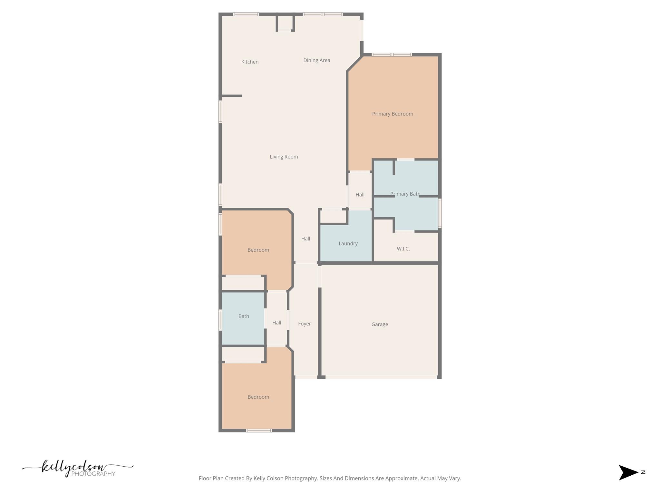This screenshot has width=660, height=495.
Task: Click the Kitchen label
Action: click(x=250, y=62)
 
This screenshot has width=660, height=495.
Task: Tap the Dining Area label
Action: click(x=316, y=60)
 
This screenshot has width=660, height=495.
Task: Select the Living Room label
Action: click(x=284, y=157)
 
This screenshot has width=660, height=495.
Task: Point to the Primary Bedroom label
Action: click(x=392, y=114)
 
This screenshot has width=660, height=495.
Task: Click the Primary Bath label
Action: click(x=405, y=194)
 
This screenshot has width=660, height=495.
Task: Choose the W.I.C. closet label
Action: click(x=403, y=249)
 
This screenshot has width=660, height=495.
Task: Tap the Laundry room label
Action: click(x=348, y=243)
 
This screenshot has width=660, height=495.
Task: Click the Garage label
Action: click(x=379, y=324)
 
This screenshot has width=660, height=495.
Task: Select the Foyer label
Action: click(x=304, y=324)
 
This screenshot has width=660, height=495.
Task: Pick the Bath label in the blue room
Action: click(x=244, y=316)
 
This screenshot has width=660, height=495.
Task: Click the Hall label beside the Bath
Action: click(x=277, y=323)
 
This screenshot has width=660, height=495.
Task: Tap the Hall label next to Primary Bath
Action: click(x=360, y=195)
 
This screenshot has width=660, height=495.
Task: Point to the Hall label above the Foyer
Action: click(x=306, y=238)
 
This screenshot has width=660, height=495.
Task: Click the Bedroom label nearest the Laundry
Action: click(x=258, y=250)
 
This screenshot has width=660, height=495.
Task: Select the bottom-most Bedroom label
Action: click(x=258, y=397)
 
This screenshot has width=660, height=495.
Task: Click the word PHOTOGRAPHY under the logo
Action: click(x=93, y=474)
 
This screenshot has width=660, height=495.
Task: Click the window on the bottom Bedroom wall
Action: click(x=259, y=430)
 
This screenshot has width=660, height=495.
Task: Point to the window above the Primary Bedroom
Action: click(x=392, y=54)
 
